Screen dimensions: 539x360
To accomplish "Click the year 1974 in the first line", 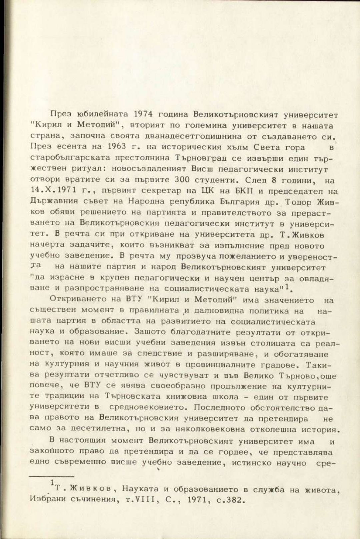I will click(x=143, y=114).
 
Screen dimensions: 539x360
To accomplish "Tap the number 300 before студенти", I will click(x=182, y=180).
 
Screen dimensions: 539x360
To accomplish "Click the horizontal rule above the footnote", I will click(x=51, y=477).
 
